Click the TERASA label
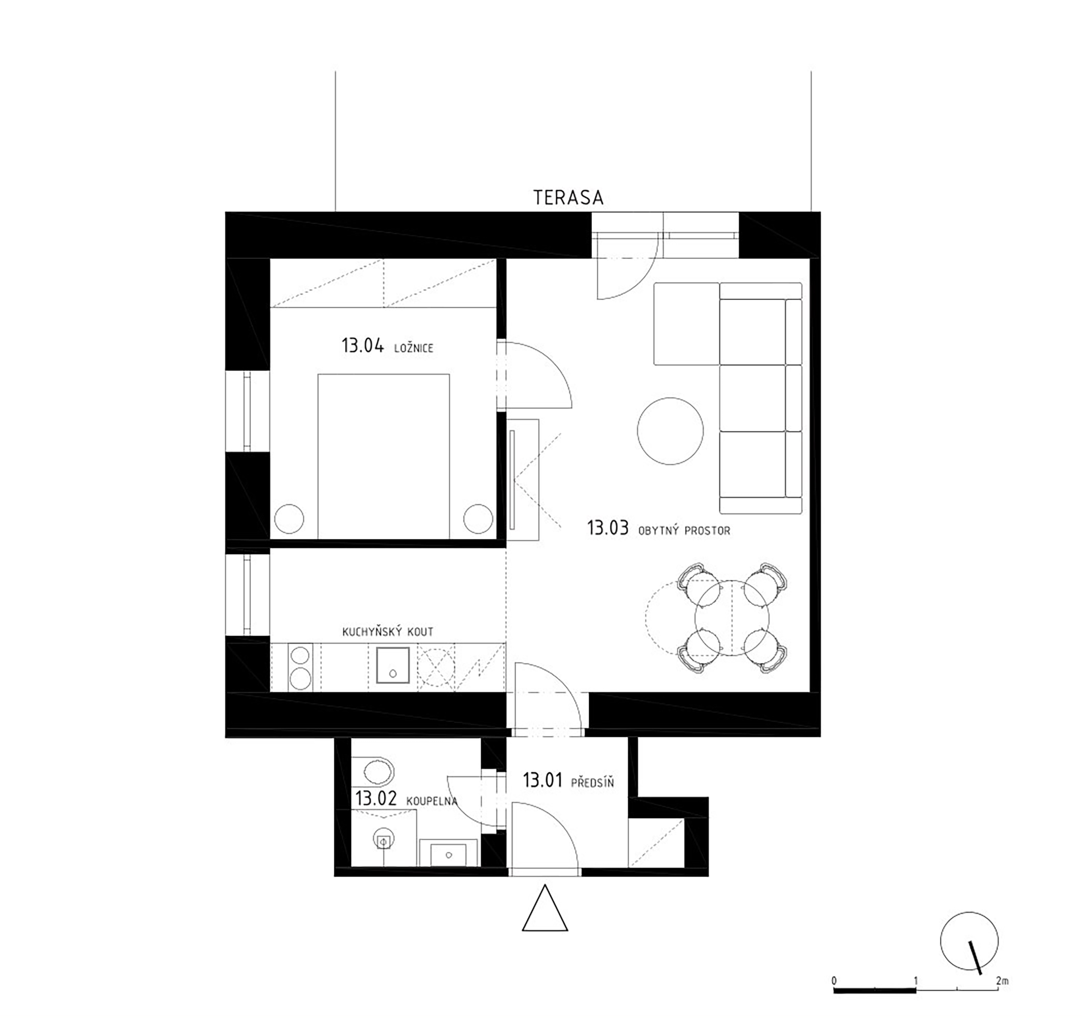pos(568,197)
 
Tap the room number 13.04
pos(363,346)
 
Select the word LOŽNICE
pos(414,348)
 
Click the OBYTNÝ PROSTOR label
pos(684,530)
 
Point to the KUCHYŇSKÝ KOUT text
pos(388,632)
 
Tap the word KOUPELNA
pos(432,801)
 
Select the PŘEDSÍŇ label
pos(593,783)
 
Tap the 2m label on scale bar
pos(1002,981)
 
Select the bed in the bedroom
pos(384,456)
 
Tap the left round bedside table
pos(289,519)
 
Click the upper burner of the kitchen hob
pos(300,655)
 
